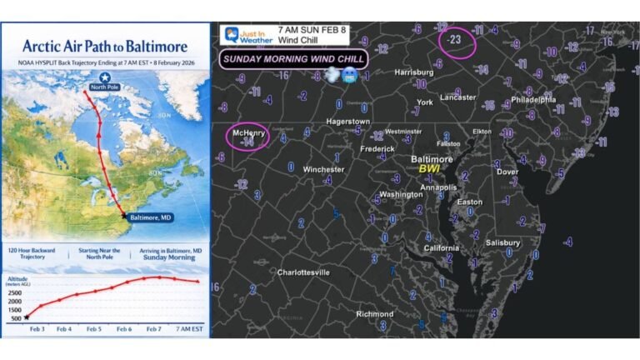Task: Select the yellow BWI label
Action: [x=430, y=168]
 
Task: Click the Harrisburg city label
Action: [x=414, y=72]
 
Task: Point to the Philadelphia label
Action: [x=532, y=99]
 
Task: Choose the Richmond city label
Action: [x=375, y=314]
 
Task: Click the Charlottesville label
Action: [x=303, y=272]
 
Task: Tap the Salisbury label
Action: [x=503, y=242]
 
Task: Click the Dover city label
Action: [x=507, y=172]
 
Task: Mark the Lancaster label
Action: [x=459, y=97]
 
